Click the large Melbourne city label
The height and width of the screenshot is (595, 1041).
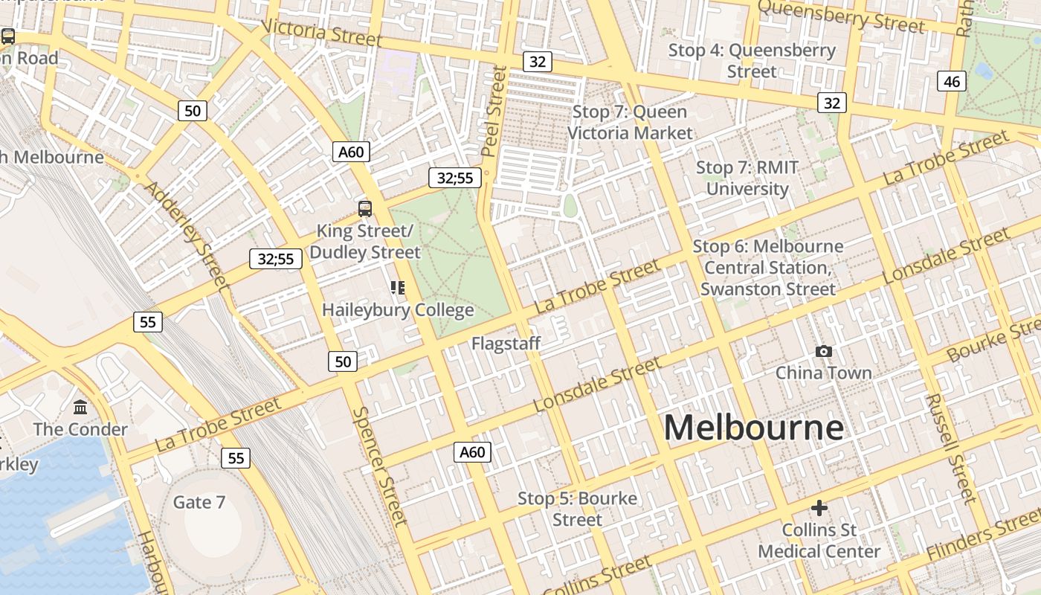coord(753,428)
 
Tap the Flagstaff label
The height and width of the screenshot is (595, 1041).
coord(506,344)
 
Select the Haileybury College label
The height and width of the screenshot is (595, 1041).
coord(398,309)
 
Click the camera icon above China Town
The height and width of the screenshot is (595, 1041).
coord(823,351)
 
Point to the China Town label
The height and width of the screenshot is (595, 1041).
coord(823,373)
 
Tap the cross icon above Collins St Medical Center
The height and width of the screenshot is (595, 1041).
coord(819,508)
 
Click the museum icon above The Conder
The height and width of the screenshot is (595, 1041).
coord(80,408)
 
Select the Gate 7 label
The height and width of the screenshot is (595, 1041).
coord(199,502)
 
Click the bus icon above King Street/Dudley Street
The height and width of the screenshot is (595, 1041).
coord(364,208)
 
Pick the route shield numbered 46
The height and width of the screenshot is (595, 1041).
coord(952,81)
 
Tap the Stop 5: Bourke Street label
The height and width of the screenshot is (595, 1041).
coord(577,509)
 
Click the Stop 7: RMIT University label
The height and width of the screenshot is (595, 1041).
coord(747,178)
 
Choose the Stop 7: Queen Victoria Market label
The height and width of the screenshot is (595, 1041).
coord(630,123)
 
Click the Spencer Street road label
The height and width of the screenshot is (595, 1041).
coord(380,466)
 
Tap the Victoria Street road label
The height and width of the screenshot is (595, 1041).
coord(322,32)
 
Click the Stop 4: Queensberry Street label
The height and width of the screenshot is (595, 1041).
coord(752,61)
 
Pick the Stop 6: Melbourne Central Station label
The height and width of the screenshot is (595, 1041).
coord(768,268)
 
